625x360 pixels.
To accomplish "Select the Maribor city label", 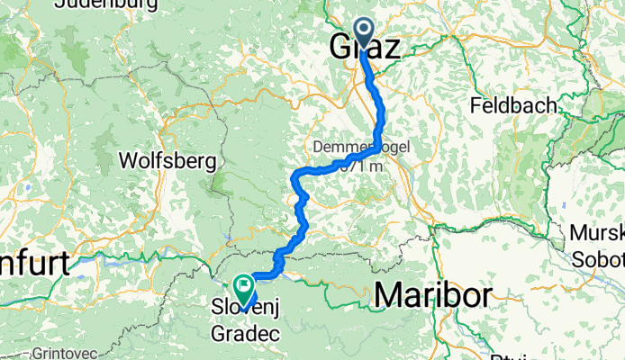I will point(433,294).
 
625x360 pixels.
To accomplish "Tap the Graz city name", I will point(366,48).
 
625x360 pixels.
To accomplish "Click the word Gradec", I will point(241,332).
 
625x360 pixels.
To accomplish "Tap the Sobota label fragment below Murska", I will point(600,259).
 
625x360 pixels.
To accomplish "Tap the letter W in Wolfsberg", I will point(130,162).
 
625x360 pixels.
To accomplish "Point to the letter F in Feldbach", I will point(476,105).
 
